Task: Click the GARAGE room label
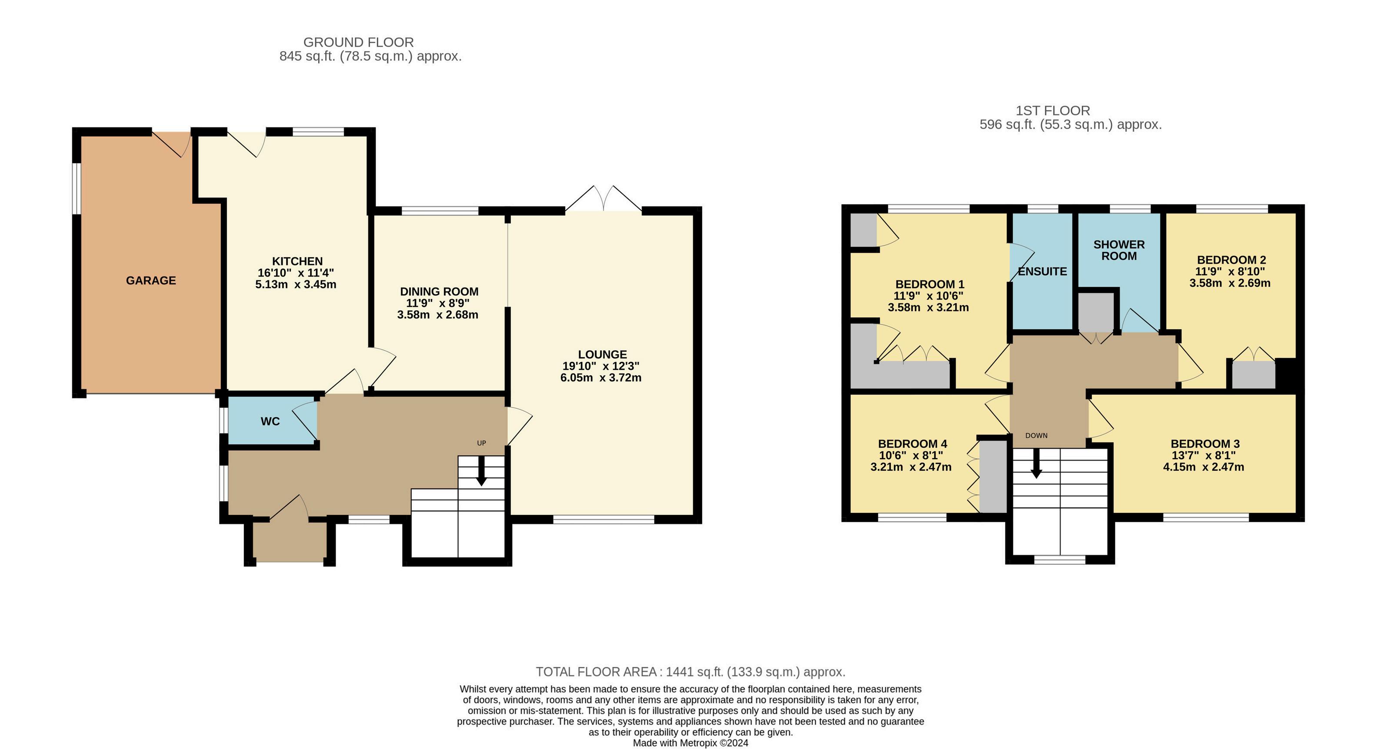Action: (x=151, y=281)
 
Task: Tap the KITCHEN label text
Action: (x=297, y=261)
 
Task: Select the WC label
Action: (x=270, y=422)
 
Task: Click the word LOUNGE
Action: (x=603, y=354)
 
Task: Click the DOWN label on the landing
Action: (x=1037, y=436)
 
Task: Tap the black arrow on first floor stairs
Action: (x=1037, y=463)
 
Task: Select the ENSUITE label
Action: (x=1042, y=271)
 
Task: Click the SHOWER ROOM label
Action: (x=1119, y=250)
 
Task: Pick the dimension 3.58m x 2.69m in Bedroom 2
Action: (x=1230, y=283)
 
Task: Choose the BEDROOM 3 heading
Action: (x=1205, y=444)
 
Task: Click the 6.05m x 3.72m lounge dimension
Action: (x=601, y=378)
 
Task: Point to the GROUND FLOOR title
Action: (x=358, y=42)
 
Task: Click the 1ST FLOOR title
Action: (x=1053, y=110)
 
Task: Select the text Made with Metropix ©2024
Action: (x=690, y=743)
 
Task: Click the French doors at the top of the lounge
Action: (x=603, y=199)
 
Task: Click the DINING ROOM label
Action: (x=439, y=292)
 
